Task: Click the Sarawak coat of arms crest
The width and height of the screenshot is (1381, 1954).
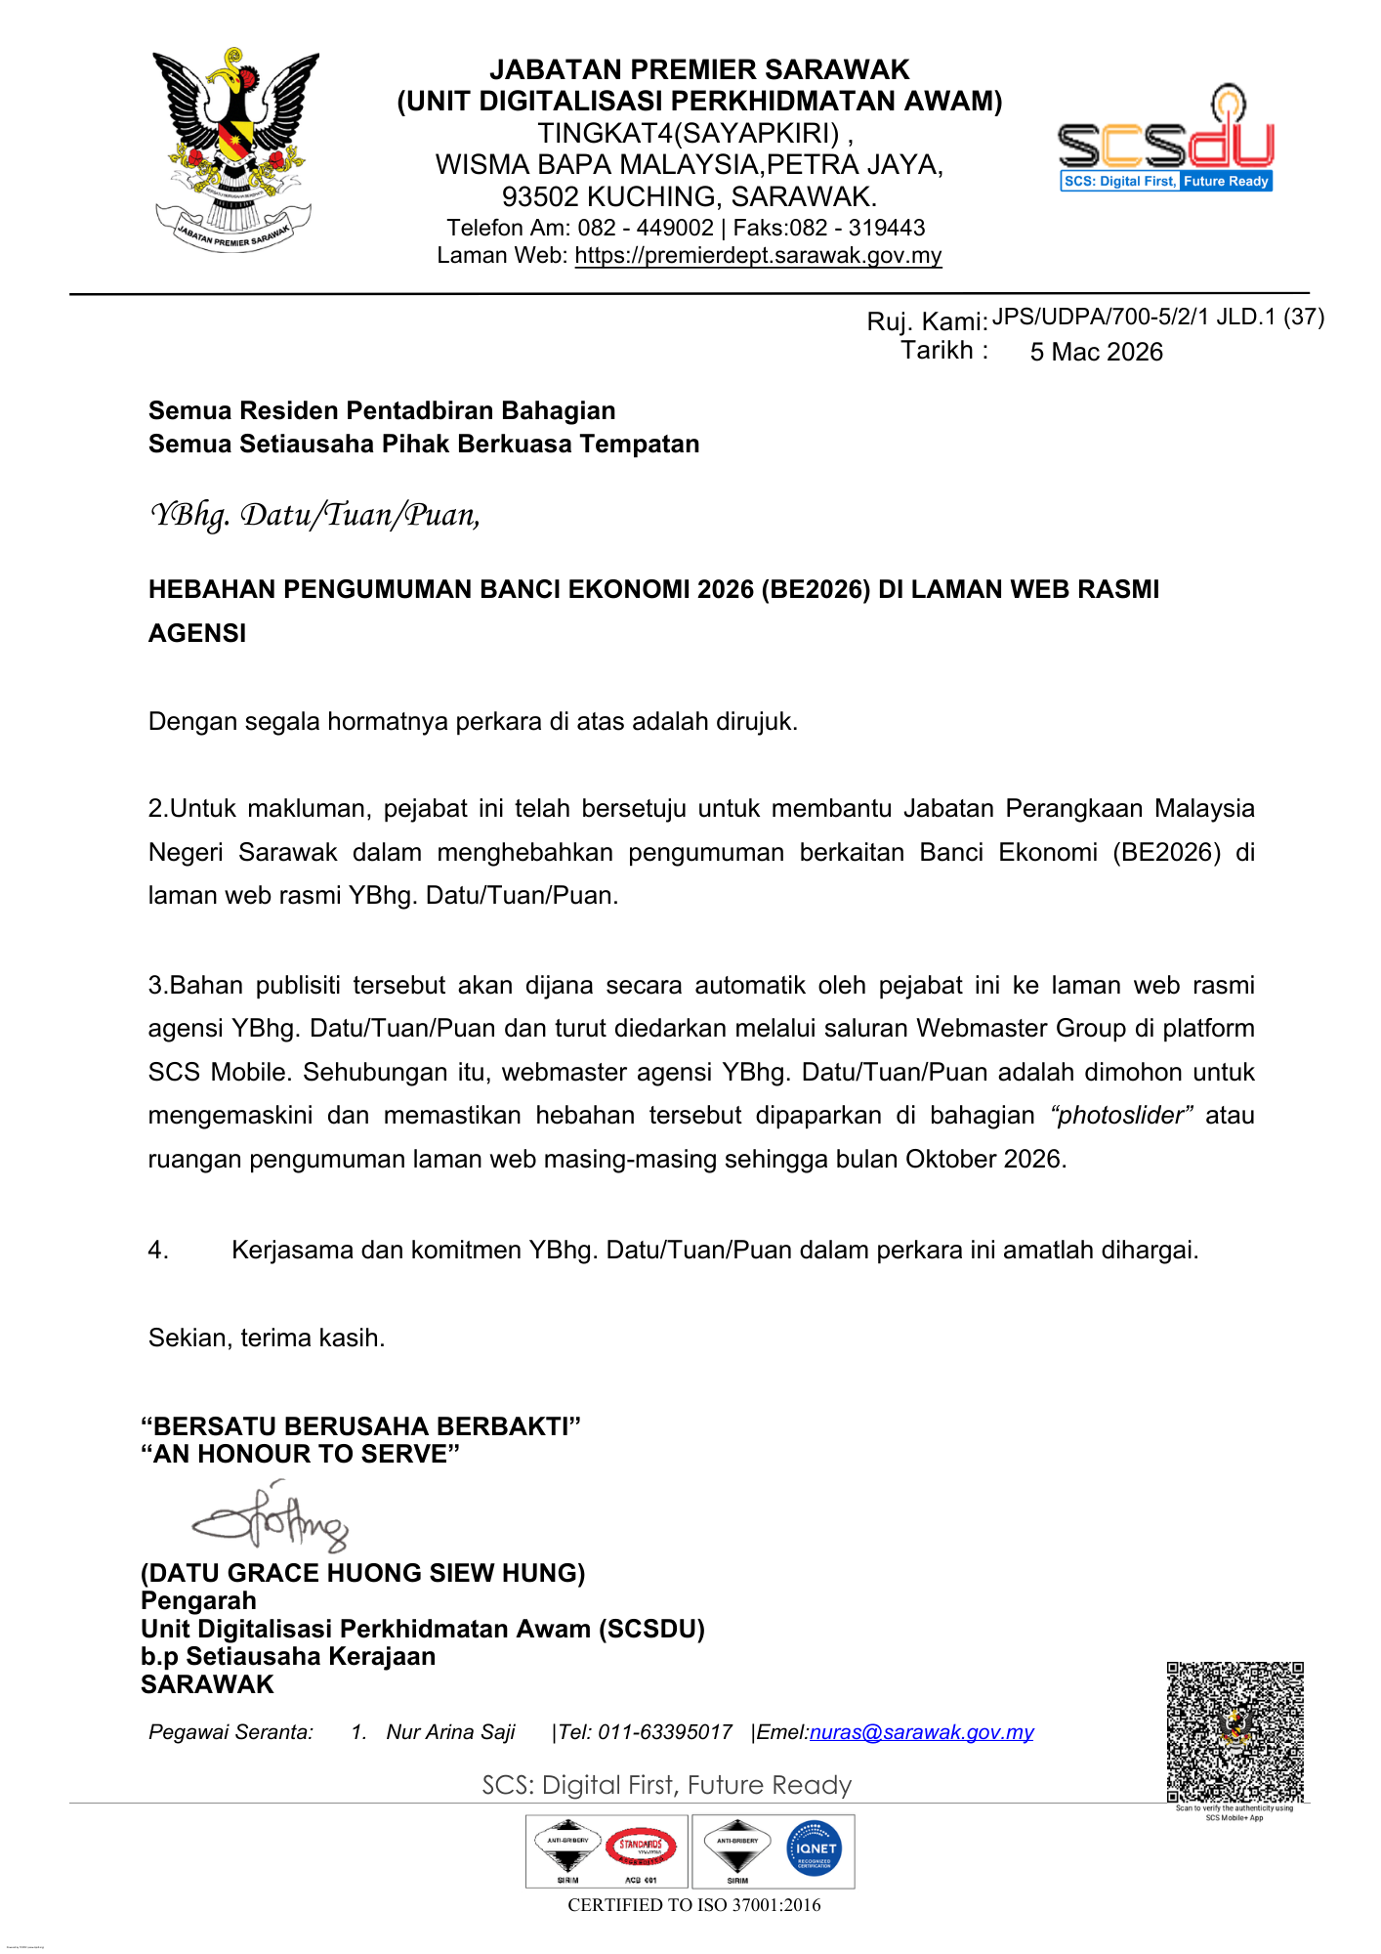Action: tap(234, 147)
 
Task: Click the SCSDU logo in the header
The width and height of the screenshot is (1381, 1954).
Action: tap(1166, 142)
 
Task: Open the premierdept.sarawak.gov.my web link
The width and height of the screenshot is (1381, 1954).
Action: tap(758, 256)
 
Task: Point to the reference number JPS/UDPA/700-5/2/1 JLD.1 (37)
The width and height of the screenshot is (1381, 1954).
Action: tap(1158, 317)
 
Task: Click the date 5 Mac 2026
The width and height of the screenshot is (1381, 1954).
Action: tap(1096, 352)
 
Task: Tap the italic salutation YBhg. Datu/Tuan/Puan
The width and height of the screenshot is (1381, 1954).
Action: tap(314, 515)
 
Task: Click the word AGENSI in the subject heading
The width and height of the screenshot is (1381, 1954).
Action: tap(197, 633)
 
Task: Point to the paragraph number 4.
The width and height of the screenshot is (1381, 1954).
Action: tap(157, 1251)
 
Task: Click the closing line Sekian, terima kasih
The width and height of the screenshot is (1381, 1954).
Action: tap(267, 1338)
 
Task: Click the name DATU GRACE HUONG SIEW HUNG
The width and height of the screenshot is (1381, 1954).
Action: tap(363, 1573)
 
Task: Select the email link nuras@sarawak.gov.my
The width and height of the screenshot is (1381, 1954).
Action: tap(921, 1732)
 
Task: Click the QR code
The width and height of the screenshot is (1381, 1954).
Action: tap(1235, 1730)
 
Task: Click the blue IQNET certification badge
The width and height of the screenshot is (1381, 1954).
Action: tap(814, 1848)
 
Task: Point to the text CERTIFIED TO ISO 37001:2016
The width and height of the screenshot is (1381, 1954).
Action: tap(694, 1905)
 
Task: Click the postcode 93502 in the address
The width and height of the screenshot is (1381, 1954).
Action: tap(539, 196)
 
